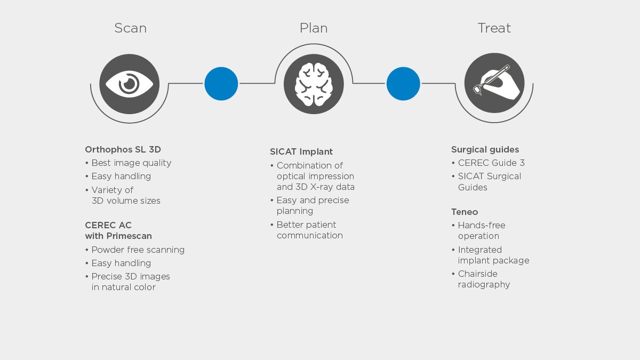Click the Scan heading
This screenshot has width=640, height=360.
130,28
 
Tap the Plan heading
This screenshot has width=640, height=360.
314,28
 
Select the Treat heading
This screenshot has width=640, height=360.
494,28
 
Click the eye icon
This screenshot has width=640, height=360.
130,84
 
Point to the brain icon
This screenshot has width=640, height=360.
314,84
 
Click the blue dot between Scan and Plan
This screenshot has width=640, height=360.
221,84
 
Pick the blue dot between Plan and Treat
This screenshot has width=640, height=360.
403,84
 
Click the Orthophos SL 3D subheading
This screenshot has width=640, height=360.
123,149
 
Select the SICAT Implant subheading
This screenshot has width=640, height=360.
301,151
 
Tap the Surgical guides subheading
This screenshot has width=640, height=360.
485,149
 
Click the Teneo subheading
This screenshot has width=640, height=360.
465,212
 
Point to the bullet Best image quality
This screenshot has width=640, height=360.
129,163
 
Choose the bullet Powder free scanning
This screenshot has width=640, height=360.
135,250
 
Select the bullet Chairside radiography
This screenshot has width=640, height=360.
481,279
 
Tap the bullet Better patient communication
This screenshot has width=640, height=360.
306,230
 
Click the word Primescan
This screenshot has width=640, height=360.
129,236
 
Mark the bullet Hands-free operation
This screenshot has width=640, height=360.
478,230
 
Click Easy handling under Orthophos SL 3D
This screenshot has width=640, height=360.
118,177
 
